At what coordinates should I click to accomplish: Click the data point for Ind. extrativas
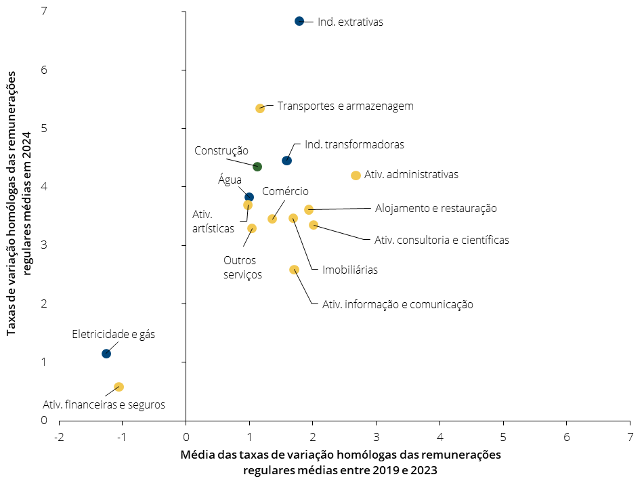[299, 21]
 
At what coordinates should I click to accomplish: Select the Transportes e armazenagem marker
[260, 108]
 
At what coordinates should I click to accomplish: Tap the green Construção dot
[257, 167]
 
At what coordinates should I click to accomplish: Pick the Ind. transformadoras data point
[286, 160]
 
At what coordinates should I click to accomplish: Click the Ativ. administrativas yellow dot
[356, 175]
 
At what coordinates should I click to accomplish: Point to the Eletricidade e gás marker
[106, 353]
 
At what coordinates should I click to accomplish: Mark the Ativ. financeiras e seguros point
[119, 387]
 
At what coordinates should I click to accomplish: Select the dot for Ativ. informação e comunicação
[294, 270]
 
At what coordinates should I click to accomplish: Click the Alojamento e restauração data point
[309, 210]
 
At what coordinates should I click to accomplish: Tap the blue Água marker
[249, 197]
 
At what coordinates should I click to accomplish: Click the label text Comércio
[285, 191]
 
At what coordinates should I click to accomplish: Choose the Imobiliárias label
[350, 270]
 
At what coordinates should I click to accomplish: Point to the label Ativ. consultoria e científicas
[442, 240]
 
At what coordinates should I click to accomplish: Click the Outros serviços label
[242, 268]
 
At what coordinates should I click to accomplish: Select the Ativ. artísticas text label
[213, 222]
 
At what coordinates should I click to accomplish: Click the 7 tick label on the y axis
[44, 11]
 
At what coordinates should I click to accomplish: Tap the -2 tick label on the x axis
[59, 437]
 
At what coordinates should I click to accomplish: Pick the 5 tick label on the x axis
[503, 437]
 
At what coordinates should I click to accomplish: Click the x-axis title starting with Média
[341, 462]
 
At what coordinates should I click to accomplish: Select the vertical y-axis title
[18, 203]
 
